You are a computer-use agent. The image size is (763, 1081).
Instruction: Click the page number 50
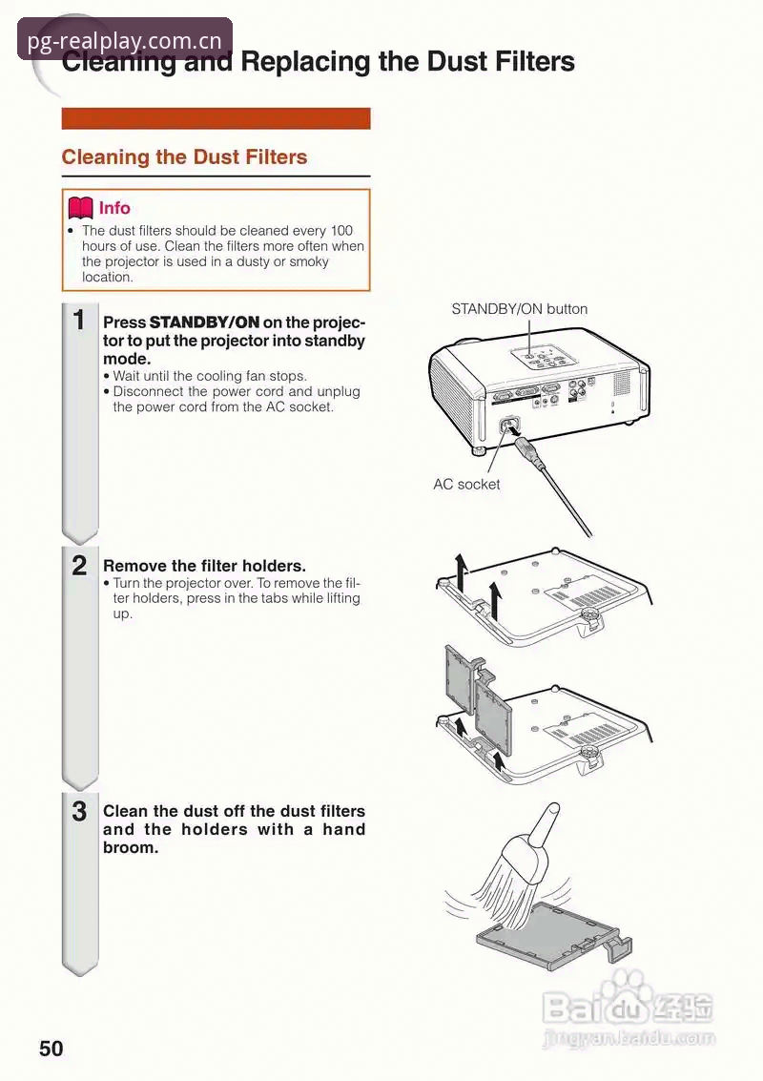51,1048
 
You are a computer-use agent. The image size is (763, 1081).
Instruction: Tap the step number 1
79,320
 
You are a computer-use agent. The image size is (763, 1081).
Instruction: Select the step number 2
79,566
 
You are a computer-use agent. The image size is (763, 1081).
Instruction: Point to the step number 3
79,811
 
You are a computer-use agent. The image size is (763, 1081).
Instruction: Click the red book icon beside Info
80,207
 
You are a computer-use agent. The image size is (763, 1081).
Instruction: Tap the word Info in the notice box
114,207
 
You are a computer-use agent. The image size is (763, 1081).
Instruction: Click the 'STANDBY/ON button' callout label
519,309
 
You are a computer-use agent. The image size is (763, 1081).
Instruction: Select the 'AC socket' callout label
466,484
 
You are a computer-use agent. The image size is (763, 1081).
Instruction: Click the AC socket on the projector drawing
509,426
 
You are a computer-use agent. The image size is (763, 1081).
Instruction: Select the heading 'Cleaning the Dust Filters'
184,156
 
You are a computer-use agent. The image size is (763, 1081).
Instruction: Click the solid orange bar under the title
216,118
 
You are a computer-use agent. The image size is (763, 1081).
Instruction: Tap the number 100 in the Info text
341,230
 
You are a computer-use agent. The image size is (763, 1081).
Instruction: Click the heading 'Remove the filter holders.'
204,566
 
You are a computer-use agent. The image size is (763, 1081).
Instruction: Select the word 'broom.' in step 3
131,847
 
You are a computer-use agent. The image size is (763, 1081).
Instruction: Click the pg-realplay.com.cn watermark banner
125,39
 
